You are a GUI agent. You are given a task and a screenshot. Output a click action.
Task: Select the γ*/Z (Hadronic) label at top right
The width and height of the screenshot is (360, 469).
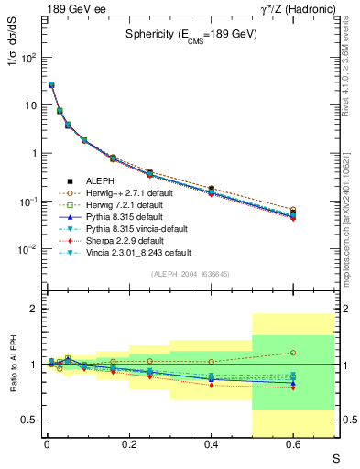[299, 8]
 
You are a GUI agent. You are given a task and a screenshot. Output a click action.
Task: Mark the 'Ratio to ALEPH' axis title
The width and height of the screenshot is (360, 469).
[16, 364]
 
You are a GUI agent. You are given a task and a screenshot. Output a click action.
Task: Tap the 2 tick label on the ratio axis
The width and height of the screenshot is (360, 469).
[33, 309]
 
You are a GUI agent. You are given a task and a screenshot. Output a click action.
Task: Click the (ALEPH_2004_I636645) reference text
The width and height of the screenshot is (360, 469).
[191, 273]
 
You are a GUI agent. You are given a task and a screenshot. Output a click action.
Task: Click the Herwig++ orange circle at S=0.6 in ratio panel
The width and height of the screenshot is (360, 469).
[293, 353]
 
